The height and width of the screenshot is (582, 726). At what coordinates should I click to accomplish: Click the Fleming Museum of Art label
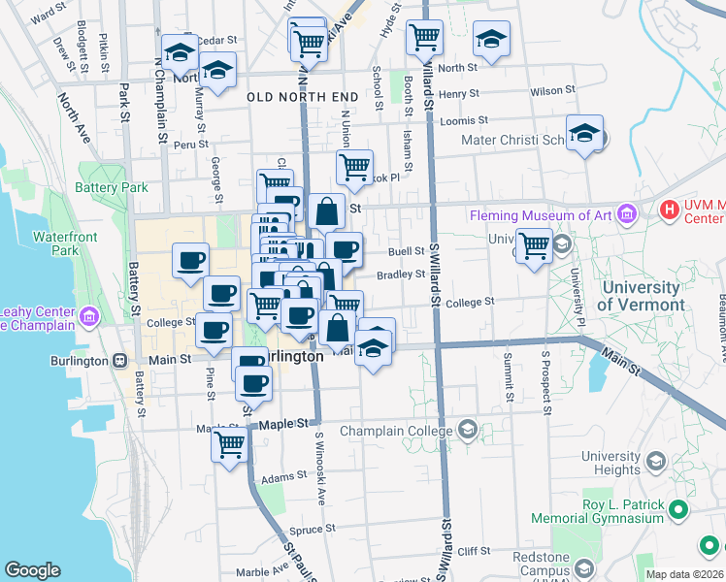point(540,214)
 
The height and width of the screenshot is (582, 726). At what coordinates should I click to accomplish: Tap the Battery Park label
point(112,187)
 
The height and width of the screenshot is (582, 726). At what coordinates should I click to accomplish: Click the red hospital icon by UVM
point(669,209)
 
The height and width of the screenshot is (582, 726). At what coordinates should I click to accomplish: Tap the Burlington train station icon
point(119,361)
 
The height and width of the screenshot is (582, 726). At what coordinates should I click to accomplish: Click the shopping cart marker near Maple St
point(230,446)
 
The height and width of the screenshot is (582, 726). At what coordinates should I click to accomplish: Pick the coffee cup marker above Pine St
point(214,330)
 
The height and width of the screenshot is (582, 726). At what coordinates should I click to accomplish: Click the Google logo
point(32,570)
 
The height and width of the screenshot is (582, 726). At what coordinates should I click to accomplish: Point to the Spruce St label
point(313,531)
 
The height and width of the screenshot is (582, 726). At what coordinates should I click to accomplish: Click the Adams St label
point(283,476)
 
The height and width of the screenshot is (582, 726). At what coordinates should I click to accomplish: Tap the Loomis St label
point(463,120)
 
